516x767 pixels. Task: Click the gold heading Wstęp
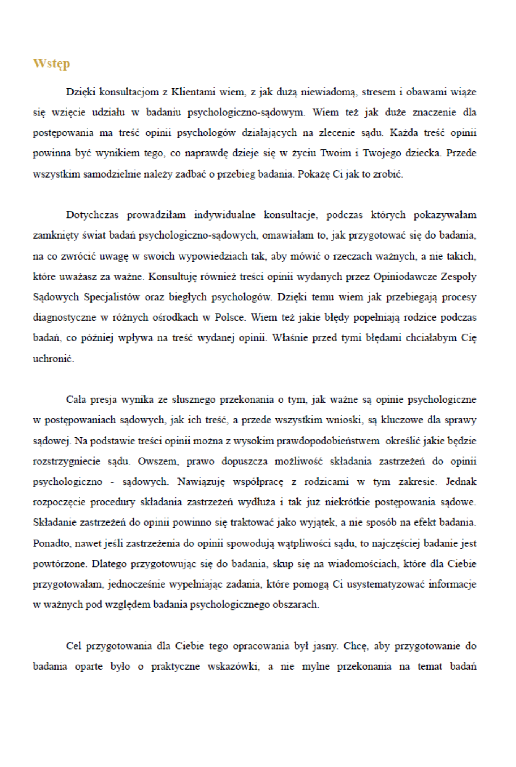pos(51,63)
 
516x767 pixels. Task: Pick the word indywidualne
pos(224,215)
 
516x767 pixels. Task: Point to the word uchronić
pos(53,359)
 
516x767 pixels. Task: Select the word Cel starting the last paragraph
pos(73,646)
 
